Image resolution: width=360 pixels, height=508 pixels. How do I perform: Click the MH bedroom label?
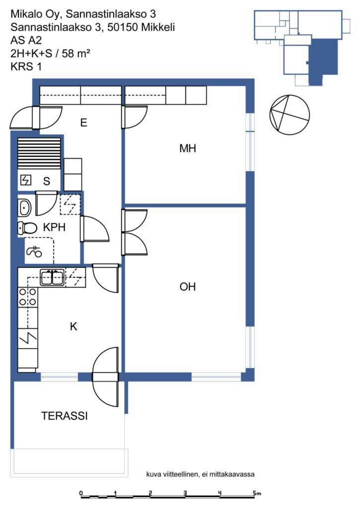pos(188,148)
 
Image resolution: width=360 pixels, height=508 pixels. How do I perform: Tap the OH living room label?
pos(188,287)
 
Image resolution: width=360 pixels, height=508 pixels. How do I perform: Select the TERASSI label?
pos(64,416)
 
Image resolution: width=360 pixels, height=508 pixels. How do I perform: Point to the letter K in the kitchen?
pos(73,326)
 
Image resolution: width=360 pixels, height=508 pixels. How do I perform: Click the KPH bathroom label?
pos(54,227)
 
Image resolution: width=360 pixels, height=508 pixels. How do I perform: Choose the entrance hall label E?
pos(84,123)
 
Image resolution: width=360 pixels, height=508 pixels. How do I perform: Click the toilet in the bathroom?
pos(28,228)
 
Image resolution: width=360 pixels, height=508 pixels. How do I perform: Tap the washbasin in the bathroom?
pos(24,208)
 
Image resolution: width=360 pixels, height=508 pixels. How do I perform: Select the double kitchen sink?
pos(52,278)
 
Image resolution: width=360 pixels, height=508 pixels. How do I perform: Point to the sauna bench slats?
pos(39,153)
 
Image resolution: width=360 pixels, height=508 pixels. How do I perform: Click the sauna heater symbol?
pos(26,180)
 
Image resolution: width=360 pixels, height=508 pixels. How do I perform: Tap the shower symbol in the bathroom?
pos(34,251)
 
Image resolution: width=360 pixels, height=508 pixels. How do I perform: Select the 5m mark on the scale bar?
pos(257,494)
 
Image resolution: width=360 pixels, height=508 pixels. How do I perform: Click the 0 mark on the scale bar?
pos(81,494)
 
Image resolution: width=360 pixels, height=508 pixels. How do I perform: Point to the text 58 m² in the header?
pos(76,53)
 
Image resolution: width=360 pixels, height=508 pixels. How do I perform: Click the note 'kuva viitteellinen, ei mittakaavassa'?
pos(201,474)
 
